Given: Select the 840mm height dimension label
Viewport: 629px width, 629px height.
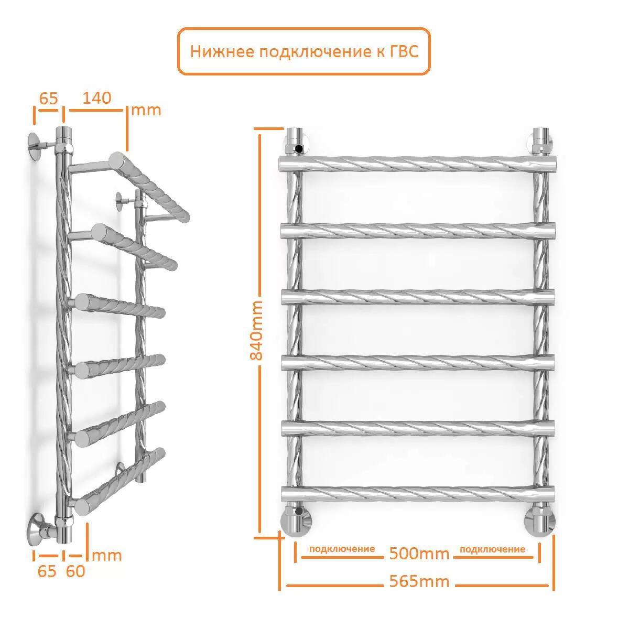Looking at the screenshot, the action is point(256,331).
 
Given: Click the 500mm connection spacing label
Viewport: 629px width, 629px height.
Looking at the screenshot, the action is point(419,554).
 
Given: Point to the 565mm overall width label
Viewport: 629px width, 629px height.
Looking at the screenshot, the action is point(419,581).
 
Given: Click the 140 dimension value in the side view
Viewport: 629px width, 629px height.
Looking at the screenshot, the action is point(96,98).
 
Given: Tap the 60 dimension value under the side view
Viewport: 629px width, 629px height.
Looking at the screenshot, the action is point(75,571).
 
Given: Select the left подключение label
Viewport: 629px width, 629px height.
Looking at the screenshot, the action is point(342,549).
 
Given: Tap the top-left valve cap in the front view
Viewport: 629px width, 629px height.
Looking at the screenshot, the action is point(296,140).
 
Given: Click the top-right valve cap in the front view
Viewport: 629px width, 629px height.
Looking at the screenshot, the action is point(542,140).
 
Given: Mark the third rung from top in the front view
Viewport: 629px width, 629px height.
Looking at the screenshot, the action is point(418,297).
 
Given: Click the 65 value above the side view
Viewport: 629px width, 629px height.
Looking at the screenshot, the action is point(49,98).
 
